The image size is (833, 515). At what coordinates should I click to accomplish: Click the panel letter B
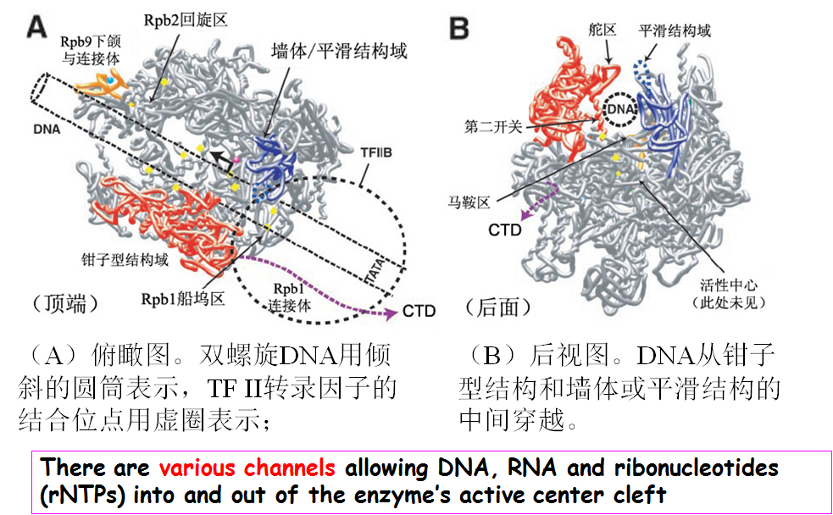pyautogui.click(x=458, y=30)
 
